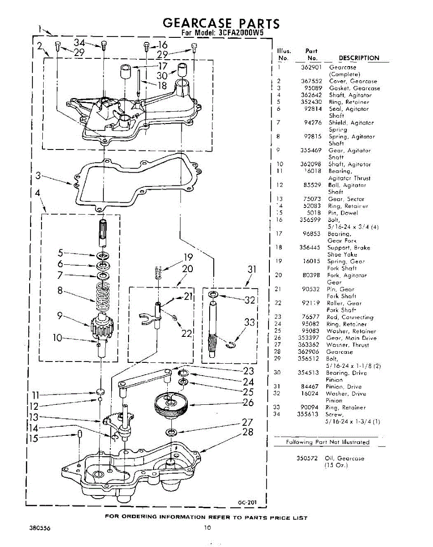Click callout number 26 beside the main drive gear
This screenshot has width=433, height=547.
[248, 402]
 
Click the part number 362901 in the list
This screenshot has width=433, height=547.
[312, 67]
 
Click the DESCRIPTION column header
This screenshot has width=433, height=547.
[359, 58]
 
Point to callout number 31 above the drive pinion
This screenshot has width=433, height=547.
[252, 269]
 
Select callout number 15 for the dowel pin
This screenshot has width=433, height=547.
[34, 439]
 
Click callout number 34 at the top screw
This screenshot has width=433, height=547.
[80, 43]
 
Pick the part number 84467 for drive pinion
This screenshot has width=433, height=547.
[310, 387]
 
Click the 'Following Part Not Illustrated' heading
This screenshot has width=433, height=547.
[327, 442]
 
